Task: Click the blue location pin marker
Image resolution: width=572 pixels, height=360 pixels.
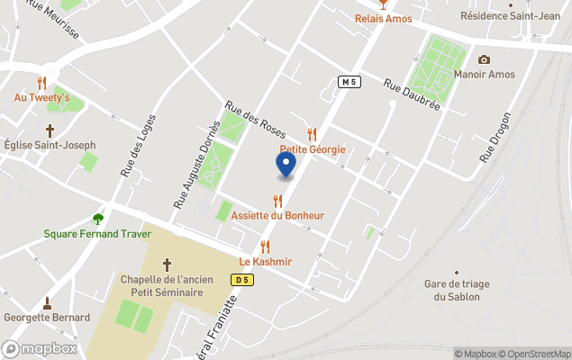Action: (286, 165)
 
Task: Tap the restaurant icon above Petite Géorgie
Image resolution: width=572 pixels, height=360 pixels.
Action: (313, 134)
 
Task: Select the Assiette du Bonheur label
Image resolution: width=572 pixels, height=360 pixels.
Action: (277, 216)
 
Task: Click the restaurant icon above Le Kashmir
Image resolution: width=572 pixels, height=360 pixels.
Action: (265, 247)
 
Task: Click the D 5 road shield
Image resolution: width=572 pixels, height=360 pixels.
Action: (240, 280)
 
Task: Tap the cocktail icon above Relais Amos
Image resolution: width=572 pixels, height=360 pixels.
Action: (384, 4)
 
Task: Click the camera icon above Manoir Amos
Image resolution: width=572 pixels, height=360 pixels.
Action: (484, 59)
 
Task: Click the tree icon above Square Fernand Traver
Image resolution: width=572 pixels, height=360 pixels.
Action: (98, 219)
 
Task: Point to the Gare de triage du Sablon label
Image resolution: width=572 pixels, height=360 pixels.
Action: (457, 290)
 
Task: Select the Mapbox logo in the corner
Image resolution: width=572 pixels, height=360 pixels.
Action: (40, 348)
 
